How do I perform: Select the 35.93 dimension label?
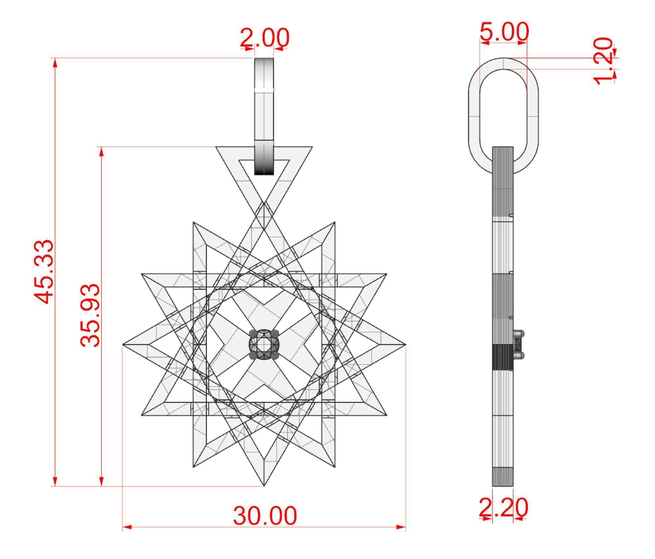[90, 315]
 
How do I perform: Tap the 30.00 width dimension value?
[265, 516]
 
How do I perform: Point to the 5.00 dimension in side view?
[504, 32]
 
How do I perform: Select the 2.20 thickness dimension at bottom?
[503, 508]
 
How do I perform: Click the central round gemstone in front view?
[264, 344]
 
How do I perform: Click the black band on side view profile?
[503, 357]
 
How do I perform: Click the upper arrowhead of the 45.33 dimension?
[55, 63]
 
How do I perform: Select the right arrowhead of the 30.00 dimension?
[401, 527]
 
